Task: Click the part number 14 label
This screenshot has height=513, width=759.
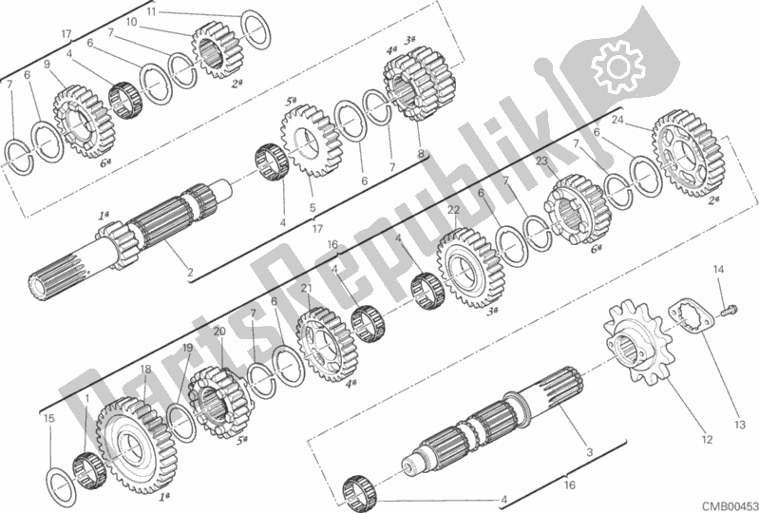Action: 718,270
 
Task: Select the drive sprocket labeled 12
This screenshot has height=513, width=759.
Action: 634,343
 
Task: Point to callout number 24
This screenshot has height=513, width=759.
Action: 617,121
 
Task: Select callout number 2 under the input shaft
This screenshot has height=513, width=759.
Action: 190,273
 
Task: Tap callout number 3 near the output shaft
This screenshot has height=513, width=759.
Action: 589,453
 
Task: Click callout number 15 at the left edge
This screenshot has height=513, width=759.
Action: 48,418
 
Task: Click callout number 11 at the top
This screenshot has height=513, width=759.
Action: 151,11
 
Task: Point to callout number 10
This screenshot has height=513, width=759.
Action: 131,22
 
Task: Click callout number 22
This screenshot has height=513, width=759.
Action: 453,210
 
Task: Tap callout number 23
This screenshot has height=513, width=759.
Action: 541,161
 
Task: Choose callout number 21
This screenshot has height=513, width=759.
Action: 306,289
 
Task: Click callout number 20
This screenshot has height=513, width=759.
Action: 219,332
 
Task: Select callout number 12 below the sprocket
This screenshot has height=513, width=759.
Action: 706,440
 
